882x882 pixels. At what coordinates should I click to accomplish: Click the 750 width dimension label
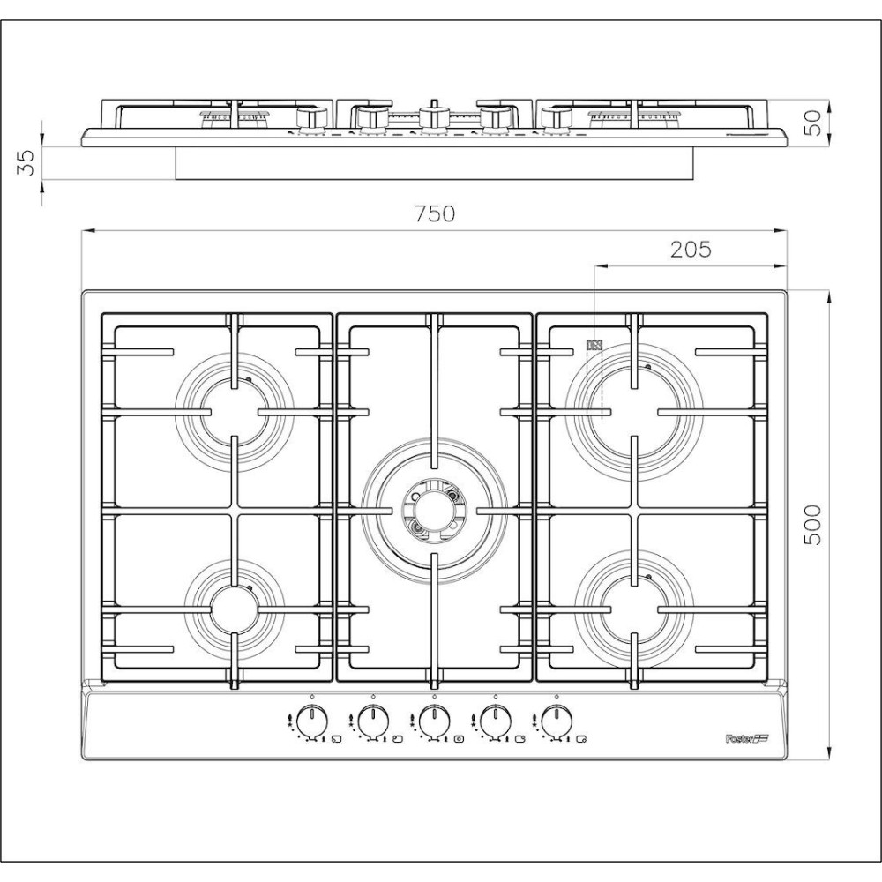point(436,213)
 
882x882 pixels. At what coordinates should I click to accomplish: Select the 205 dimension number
point(691,250)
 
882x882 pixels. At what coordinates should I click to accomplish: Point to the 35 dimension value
point(26,162)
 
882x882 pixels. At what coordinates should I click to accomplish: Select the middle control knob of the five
point(433,721)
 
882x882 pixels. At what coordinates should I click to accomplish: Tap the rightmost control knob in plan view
point(556,721)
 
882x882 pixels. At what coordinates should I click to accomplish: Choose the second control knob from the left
point(372,721)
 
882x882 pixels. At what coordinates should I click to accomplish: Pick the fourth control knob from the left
point(495,721)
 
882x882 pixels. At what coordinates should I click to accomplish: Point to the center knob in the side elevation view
point(430,117)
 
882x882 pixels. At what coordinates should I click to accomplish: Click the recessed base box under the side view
point(434,163)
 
